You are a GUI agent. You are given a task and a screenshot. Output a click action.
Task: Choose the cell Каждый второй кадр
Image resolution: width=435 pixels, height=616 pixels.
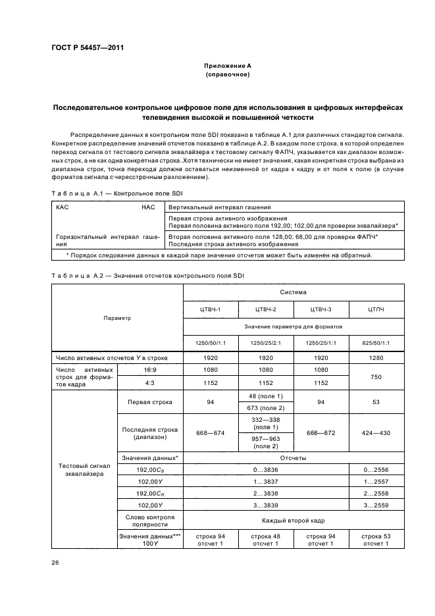pos(294,521)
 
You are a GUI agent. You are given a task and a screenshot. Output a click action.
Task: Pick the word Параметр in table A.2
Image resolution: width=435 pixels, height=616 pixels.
pos(117,318)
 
